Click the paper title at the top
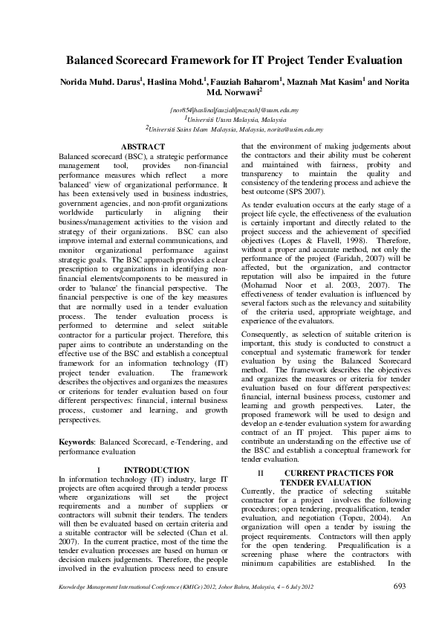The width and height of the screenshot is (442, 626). [221, 59]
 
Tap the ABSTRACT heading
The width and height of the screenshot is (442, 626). [143, 147]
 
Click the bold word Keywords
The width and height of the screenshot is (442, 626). [75, 442]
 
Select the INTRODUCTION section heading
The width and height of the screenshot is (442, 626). [156, 470]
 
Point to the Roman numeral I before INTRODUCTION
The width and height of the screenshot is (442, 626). [99, 470]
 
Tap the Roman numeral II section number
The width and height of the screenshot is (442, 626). [260, 473]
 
